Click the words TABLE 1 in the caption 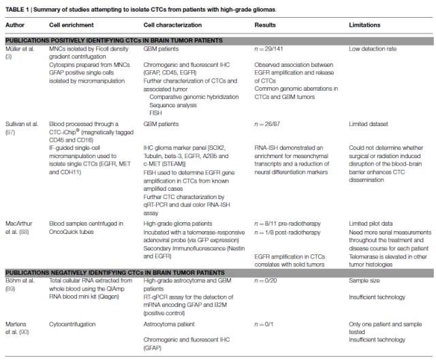click(17, 6)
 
